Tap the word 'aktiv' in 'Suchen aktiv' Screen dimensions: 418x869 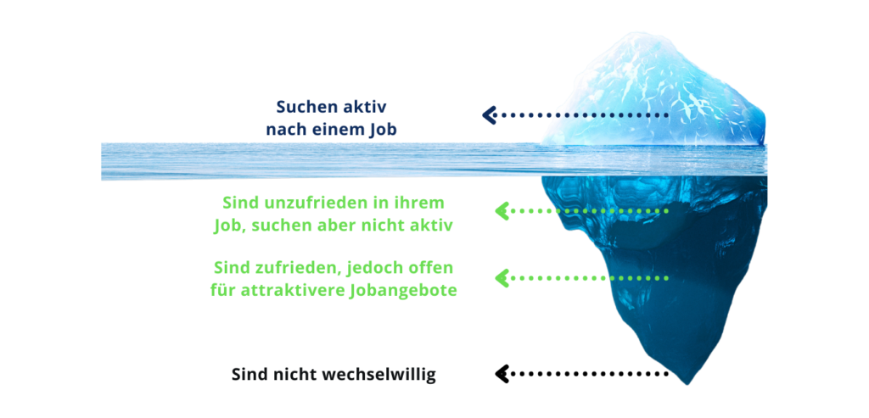pos(364,108)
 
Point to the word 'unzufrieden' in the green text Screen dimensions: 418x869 pos(304,203)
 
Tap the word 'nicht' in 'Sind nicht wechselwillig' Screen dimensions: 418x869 pos(289,374)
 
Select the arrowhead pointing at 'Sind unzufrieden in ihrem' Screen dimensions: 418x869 pos(502,210)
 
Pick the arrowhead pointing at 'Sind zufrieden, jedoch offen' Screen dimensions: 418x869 pos(502,276)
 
